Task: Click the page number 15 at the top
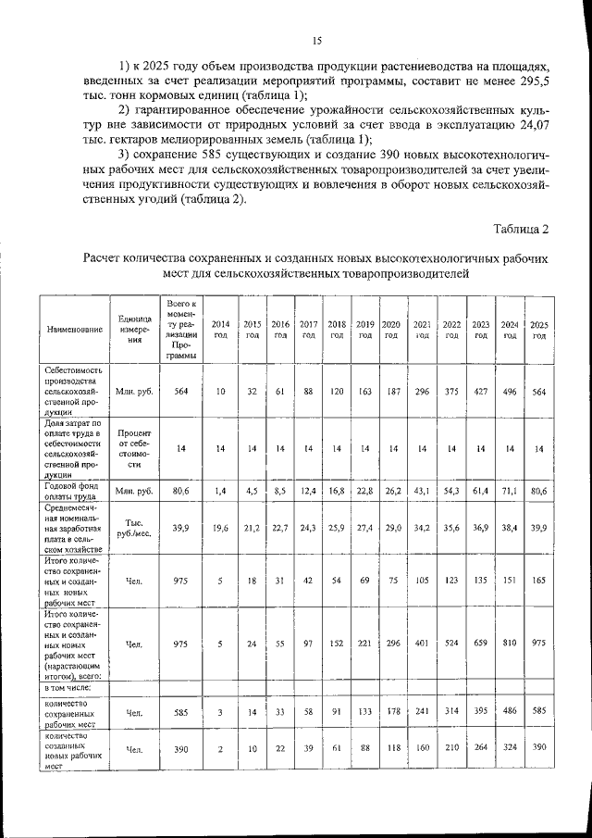pyautogui.click(x=316, y=40)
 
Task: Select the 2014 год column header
pyautogui.click(x=221, y=329)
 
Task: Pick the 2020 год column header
pyautogui.click(x=391, y=329)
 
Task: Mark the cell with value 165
pyautogui.click(x=538, y=581)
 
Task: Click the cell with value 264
pyautogui.click(x=481, y=748)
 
